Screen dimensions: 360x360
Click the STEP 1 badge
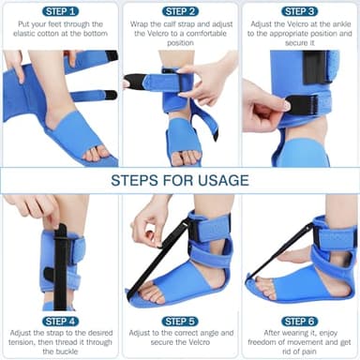(x=59, y=11)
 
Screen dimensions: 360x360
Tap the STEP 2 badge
(x=179, y=11)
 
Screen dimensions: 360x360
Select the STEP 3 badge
(x=299, y=11)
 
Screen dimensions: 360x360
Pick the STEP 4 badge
(x=59, y=321)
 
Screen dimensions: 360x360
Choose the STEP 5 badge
(x=179, y=321)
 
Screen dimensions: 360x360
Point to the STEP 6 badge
(x=299, y=321)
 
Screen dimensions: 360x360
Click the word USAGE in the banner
(x=217, y=180)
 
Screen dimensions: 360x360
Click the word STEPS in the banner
(x=137, y=180)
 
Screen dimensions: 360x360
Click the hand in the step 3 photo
(x=258, y=108)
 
